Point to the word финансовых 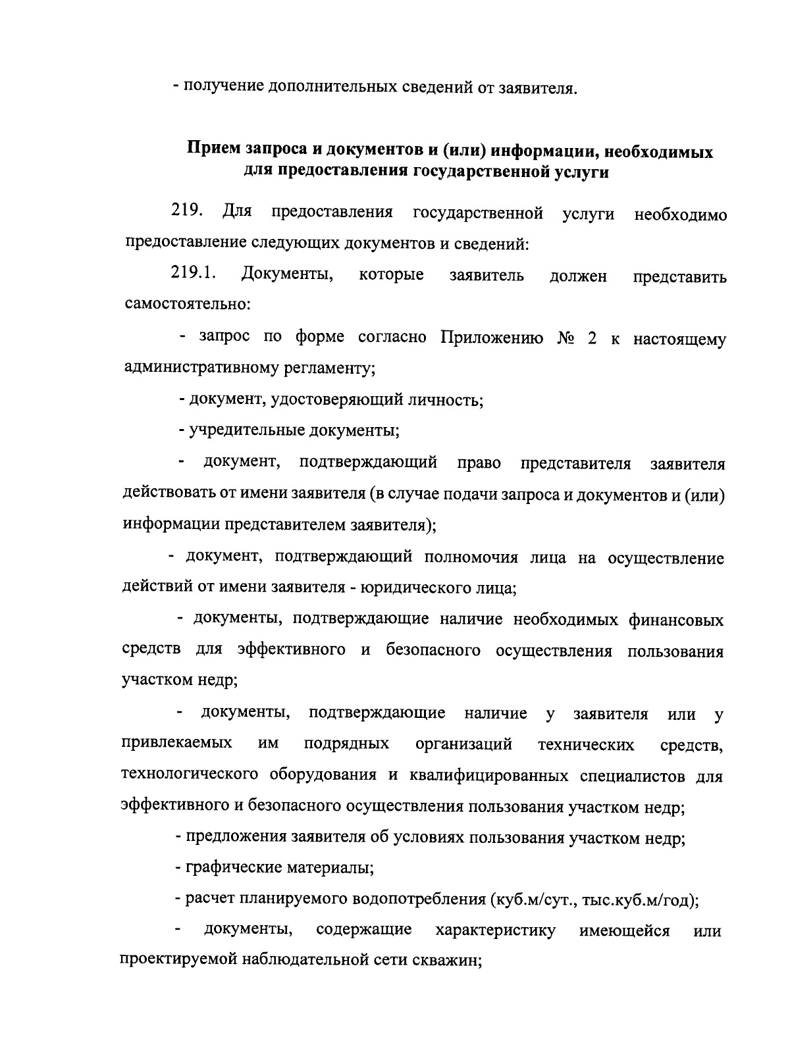pyautogui.click(x=675, y=619)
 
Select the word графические pyautogui.click(x=232, y=867)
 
